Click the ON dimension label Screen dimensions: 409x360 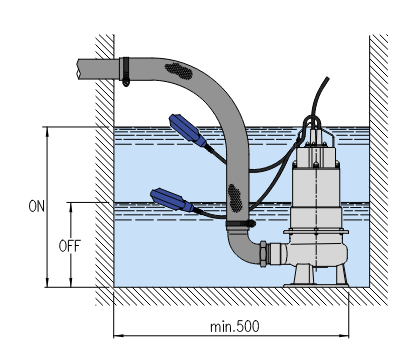37,206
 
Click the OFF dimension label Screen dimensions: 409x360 69,246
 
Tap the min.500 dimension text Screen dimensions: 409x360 235,327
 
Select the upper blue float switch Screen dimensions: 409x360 188,130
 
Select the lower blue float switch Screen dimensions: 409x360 172,200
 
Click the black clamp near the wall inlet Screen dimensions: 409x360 125,71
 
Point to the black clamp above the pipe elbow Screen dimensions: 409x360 241,224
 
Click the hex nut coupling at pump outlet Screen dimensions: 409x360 263,254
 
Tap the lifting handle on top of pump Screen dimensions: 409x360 312,124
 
